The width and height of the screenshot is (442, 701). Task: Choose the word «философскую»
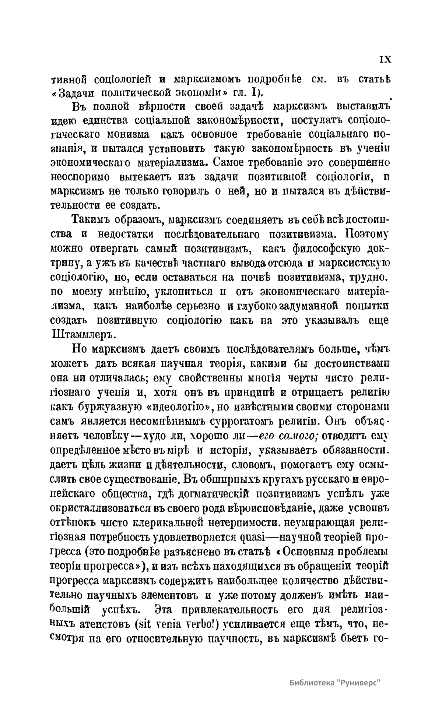pos(326,249)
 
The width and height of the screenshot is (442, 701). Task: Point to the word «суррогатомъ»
pos(239,421)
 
